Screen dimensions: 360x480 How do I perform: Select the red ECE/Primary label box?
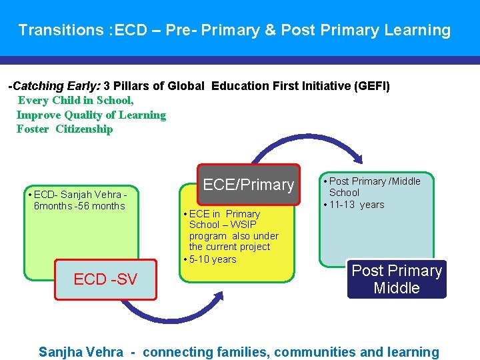pos(248,185)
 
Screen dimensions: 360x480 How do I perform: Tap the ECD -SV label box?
pos(105,279)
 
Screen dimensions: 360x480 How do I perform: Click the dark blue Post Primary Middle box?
pos(397,279)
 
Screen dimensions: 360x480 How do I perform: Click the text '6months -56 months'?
pos(79,206)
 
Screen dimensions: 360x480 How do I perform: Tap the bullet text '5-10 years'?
pos(213,259)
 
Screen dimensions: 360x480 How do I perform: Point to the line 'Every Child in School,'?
pos(75,101)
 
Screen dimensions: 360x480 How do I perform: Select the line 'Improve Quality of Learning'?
pos(91,115)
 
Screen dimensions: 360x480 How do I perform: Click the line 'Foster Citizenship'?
pos(65,129)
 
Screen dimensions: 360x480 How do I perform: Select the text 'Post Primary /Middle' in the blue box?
pos(375,181)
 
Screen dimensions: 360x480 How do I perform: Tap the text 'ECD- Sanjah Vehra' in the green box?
pos(78,195)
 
